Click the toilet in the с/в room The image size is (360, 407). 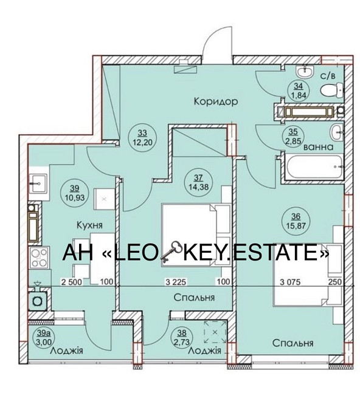coord(331,90)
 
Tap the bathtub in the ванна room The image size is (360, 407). coord(314,166)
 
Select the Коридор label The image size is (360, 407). coord(216,101)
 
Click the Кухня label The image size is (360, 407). coord(89,225)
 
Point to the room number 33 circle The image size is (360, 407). coord(142,137)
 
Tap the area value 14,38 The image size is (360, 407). coord(198,186)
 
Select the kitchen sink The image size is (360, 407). coord(38,183)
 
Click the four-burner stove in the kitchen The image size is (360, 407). coord(40,258)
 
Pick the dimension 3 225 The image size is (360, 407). coord(176,282)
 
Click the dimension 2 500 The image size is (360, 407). coord(72,282)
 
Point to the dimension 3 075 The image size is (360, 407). coord(290,282)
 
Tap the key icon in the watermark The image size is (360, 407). coord(171,251)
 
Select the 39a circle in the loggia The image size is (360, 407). coord(44,337)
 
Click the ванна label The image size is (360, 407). coord(318,147)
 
